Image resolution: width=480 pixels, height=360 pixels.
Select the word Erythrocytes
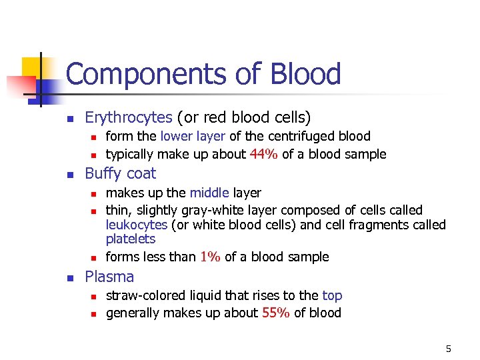(x=129, y=118)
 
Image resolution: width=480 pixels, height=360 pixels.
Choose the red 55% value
(x=275, y=313)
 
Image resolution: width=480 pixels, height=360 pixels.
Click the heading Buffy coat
(x=121, y=174)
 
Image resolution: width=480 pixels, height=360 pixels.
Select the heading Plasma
(x=109, y=277)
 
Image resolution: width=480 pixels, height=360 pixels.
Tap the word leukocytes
(x=137, y=225)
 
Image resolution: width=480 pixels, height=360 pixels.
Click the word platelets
(x=131, y=239)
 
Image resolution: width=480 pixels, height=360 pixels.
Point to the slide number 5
(x=448, y=349)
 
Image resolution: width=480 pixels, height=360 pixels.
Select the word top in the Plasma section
(x=332, y=295)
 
